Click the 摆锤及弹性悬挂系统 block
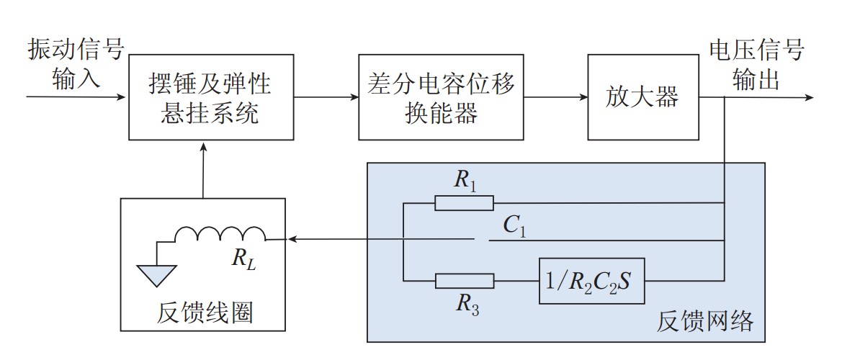pyautogui.click(x=211, y=98)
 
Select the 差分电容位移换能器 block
pyautogui.click(x=441, y=98)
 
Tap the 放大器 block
pyautogui.click(x=642, y=98)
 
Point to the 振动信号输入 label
pyautogui.click(x=76, y=63)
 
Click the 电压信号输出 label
pyautogui.click(x=756, y=63)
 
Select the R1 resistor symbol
pyautogui.click(x=465, y=203)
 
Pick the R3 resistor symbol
pyautogui.click(x=465, y=281)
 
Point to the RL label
pyautogui.click(x=241, y=259)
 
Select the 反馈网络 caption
pyautogui.click(x=705, y=321)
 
